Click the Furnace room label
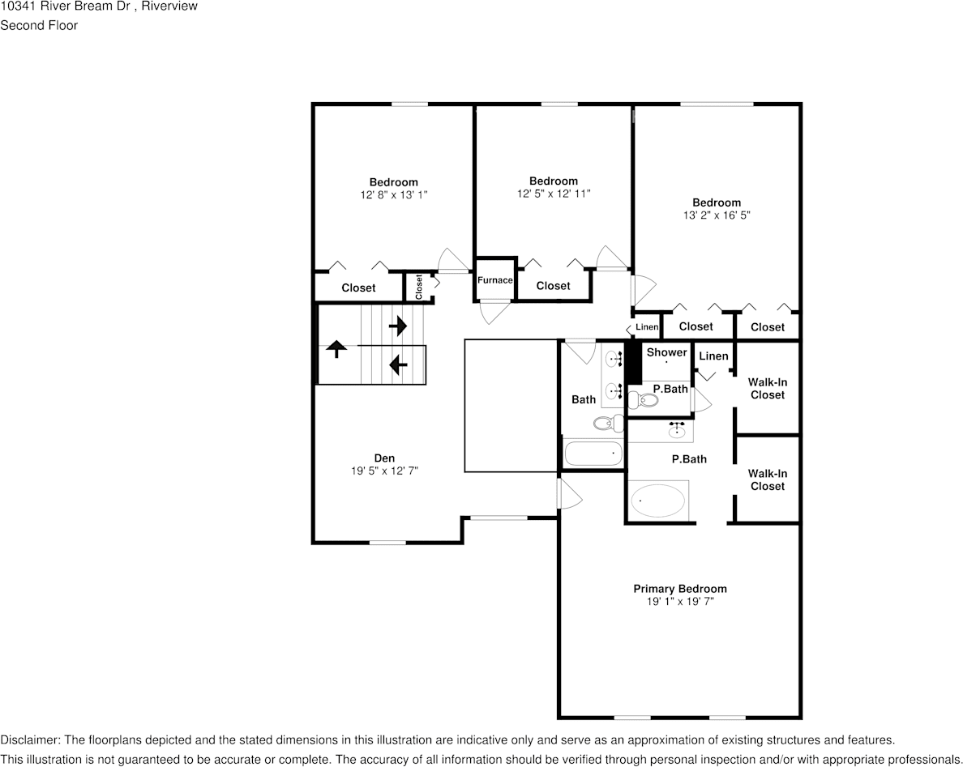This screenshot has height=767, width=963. point(494,280)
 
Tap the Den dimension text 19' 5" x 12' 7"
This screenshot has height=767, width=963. point(384,471)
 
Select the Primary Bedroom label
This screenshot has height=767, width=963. point(679,589)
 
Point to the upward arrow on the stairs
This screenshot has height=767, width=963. point(336,349)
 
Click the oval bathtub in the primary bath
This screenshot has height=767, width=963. point(659,501)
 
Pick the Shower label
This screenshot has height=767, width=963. point(666,352)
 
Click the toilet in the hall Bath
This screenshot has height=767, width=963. point(605,423)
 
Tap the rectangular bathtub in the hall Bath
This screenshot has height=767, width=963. point(593,454)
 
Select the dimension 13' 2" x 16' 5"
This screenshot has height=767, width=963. point(716,215)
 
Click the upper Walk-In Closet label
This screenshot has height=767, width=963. point(767,388)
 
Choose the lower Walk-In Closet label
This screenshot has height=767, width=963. point(767,479)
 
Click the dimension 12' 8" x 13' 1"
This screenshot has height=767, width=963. point(393,194)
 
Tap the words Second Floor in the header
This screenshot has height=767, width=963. point(39,25)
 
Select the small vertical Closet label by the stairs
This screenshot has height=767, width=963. point(419,287)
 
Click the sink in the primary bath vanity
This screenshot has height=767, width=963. point(675,432)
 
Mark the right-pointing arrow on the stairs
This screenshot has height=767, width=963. point(398,326)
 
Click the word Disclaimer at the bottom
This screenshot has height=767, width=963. point(28,740)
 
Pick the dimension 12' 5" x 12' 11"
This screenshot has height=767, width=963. point(554,194)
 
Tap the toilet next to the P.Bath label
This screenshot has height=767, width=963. point(646,398)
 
